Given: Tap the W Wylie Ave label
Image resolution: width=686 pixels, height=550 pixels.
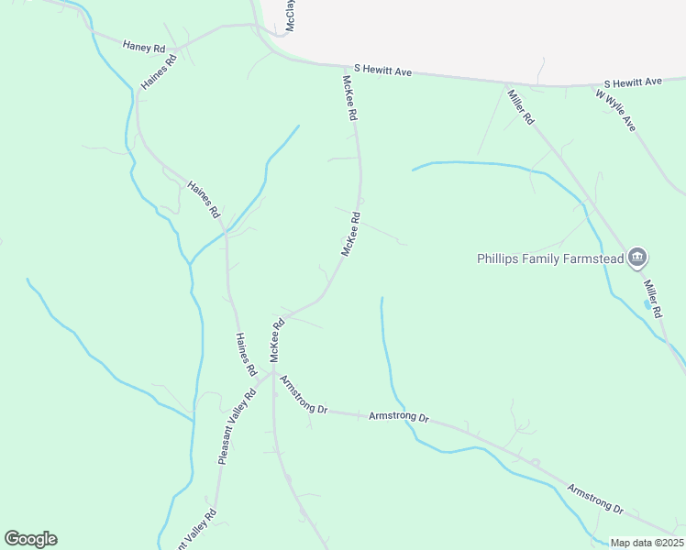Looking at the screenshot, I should coord(615,107).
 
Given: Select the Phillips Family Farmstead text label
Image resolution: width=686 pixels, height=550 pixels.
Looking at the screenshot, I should coord(549,258).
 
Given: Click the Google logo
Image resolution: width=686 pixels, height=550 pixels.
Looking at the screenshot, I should coord(30,539).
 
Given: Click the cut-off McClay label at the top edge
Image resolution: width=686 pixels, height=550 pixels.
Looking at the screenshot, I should coord(290,16).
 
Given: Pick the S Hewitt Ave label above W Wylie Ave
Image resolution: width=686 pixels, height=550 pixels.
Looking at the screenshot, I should coord(632,82).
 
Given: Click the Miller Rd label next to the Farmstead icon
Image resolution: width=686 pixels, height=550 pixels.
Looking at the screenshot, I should coord(652,296).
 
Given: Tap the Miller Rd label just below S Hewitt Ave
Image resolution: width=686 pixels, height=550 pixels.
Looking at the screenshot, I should coord(520,107).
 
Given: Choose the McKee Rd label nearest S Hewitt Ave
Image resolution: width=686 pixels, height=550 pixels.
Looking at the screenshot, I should coord(349,99).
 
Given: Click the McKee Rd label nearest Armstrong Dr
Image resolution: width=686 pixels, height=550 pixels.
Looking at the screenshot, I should coord(275,340).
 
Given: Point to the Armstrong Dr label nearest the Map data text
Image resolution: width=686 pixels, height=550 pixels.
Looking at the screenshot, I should coord(595,496).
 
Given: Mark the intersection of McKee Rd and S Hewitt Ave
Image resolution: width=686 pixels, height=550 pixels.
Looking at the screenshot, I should coord(342,66).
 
